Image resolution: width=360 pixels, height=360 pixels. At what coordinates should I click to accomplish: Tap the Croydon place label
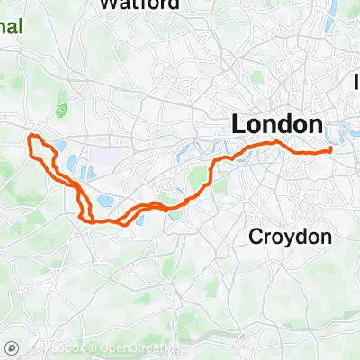(290, 238)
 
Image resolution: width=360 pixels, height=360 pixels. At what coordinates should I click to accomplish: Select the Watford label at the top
(134, 4)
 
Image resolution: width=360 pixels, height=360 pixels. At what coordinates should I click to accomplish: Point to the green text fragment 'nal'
(11, 26)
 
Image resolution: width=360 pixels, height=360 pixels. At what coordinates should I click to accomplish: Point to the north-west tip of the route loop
(32, 136)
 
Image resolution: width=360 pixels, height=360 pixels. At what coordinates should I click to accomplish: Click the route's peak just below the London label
(274, 142)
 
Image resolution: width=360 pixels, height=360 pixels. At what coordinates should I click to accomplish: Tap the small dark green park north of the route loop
(61, 112)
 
